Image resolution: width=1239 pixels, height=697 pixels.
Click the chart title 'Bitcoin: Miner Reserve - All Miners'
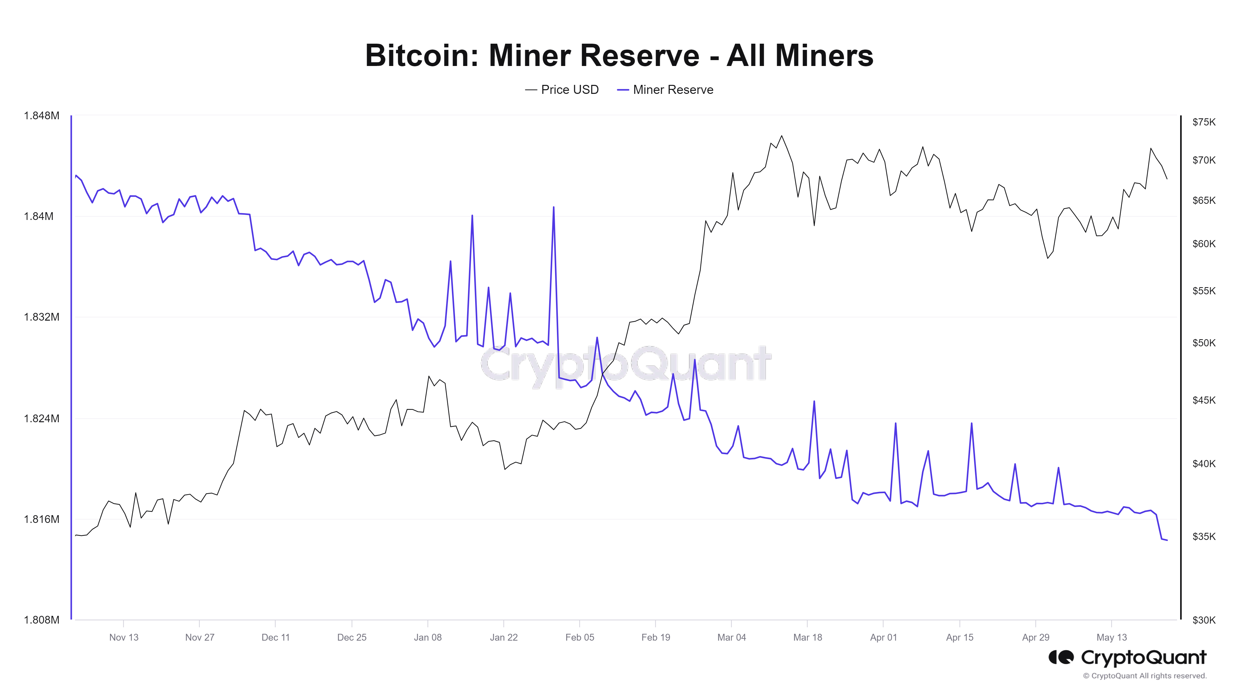pyautogui.click(x=619, y=55)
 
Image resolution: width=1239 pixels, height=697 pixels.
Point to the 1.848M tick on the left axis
pyautogui.click(x=42, y=116)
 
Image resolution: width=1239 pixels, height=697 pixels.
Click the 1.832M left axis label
pyautogui.click(x=42, y=317)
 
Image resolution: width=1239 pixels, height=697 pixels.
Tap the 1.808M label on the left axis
pyautogui.click(x=42, y=620)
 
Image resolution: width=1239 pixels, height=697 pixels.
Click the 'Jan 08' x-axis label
pyautogui.click(x=427, y=637)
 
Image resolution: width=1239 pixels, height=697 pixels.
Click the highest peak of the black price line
pyautogui.click(x=781, y=136)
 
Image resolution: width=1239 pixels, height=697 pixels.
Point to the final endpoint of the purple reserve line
pyautogui.click(x=1167, y=540)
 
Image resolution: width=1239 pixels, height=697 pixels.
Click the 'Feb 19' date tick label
pyautogui.click(x=655, y=637)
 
